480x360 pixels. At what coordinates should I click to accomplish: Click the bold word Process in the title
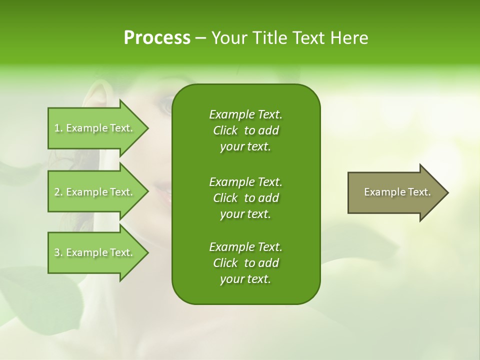click(157, 38)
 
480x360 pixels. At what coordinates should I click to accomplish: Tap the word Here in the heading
click(349, 38)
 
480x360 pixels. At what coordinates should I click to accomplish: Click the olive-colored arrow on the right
click(395, 192)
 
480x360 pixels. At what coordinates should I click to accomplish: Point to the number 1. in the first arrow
click(58, 128)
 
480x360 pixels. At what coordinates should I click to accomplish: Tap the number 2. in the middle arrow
click(58, 192)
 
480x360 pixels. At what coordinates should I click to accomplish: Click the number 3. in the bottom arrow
click(58, 252)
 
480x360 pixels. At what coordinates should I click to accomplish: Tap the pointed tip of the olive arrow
click(446, 192)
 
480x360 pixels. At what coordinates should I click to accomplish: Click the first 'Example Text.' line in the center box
click(245, 114)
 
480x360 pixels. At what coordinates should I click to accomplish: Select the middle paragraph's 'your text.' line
click(245, 214)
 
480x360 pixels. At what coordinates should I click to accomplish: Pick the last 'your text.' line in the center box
click(245, 279)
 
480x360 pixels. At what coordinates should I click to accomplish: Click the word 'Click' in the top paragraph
click(225, 130)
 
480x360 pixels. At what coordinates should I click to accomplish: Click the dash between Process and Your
click(200, 38)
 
